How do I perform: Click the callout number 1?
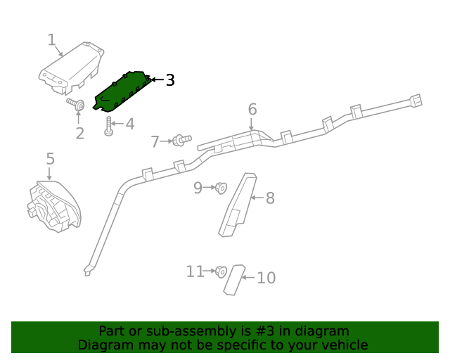click(51, 40)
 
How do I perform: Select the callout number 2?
click(79, 133)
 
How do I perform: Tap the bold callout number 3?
click(170, 80)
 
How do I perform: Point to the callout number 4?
click(129, 124)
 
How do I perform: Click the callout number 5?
click(50, 160)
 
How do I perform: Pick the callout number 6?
click(252, 109)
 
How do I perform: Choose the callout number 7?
click(155, 142)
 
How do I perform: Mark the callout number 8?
click(270, 198)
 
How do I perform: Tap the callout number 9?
click(198, 187)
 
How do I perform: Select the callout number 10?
click(266, 278)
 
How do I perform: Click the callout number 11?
click(195, 271)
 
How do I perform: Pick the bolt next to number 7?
click(182, 141)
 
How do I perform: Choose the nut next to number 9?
click(221, 187)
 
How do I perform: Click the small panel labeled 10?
click(234, 279)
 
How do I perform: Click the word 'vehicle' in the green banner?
click(342, 345)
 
